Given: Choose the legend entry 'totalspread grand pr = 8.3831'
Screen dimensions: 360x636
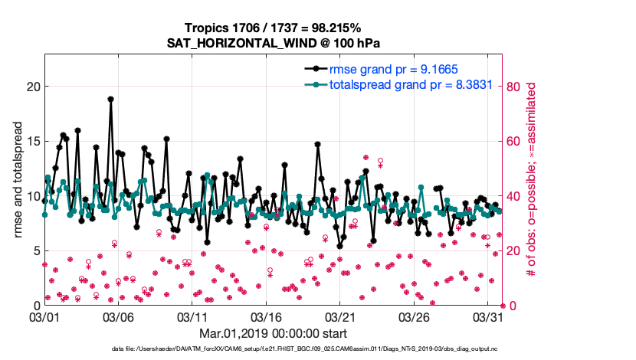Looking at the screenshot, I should [399, 85].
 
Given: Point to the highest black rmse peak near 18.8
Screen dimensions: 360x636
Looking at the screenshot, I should [111, 99].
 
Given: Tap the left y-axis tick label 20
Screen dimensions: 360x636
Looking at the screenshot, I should [31, 87].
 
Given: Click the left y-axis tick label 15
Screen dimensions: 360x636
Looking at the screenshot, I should [31, 142].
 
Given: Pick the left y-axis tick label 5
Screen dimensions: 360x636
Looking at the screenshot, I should [34, 251].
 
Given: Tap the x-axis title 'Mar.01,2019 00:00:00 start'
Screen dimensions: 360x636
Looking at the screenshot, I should [274, 333].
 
